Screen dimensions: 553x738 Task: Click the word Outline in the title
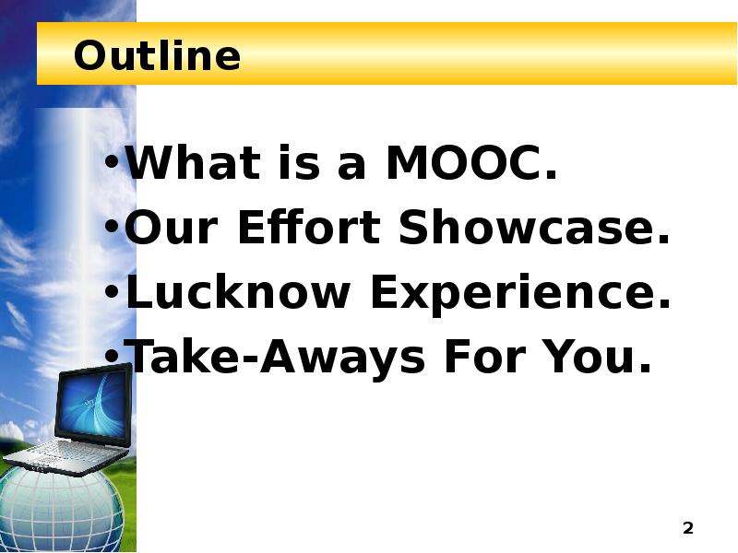click(157, 56)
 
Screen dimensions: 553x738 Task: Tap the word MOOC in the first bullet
click(471, 165)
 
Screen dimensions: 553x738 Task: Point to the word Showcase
click(533, 229)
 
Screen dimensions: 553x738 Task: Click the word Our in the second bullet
click(173, 229)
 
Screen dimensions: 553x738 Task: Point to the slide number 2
click(687, 528)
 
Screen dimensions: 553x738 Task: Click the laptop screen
click(91, 405)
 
